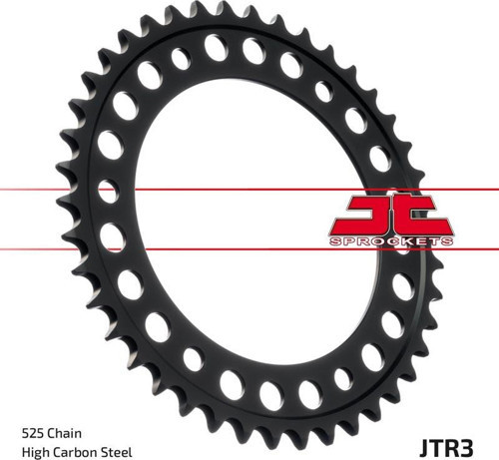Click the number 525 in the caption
pos(33,434)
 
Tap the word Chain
pos(65,433)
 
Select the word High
pos(36,453)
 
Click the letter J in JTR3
pos(425,448)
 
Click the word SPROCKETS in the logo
pos(391,241)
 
